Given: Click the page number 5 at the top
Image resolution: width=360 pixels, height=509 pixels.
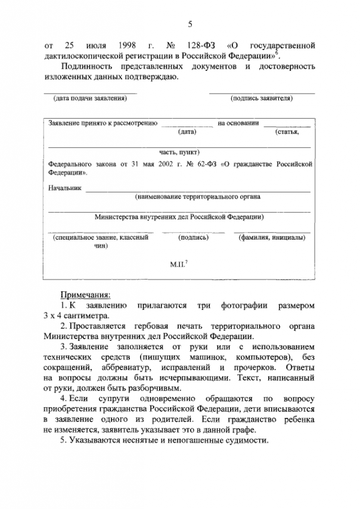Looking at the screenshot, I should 190,24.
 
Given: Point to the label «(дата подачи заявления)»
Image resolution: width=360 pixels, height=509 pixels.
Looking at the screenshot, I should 90,97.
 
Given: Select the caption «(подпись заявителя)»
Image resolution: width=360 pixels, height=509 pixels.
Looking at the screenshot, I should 261,97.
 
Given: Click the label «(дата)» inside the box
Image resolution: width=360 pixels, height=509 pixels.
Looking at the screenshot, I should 188,132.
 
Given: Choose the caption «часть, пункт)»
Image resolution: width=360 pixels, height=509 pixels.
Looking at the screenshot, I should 179,151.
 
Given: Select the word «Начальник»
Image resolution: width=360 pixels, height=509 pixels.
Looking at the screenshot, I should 63,188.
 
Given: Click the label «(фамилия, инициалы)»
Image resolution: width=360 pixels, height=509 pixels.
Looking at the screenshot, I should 272,237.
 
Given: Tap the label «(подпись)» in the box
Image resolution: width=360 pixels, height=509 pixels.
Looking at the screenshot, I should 194,237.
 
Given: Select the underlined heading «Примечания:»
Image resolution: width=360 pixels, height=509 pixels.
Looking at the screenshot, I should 85,295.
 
